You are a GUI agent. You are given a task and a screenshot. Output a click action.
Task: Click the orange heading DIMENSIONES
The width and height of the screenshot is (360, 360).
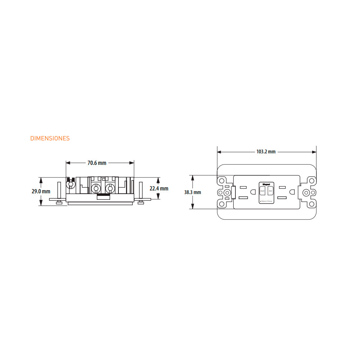click(x=50, y=138)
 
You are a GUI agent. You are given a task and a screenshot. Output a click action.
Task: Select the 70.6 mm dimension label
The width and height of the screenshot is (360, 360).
click(x=97, y=163)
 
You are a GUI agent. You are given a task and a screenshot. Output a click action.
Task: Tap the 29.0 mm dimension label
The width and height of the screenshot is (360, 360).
click(x=41, y=192)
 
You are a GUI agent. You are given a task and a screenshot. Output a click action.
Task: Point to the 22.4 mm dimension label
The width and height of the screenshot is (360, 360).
click(x=159, y=189)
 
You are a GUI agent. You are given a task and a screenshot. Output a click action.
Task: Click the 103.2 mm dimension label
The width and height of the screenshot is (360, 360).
click(x=266, y=152)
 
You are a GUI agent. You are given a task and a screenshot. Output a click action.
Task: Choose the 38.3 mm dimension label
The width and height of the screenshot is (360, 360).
click(x=193, y=192)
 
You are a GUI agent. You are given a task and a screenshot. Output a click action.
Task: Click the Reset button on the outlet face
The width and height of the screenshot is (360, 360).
click(x=262, y=191)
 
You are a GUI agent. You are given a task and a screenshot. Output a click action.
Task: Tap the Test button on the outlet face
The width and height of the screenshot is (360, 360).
click(x=270, y=191)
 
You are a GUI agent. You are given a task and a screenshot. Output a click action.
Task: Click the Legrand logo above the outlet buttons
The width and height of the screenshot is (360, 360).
click(x=266, y=183)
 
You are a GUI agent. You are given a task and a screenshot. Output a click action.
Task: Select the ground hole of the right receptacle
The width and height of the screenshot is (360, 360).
click(x=293, y=192)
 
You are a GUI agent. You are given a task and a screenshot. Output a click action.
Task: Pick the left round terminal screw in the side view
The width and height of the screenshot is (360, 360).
click(x=96, y=188)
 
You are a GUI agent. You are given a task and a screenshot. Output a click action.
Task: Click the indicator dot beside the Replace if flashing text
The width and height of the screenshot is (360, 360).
click(x=261, y=201)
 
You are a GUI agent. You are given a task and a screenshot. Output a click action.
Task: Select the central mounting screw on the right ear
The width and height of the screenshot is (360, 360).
click(x=306, y=193)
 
